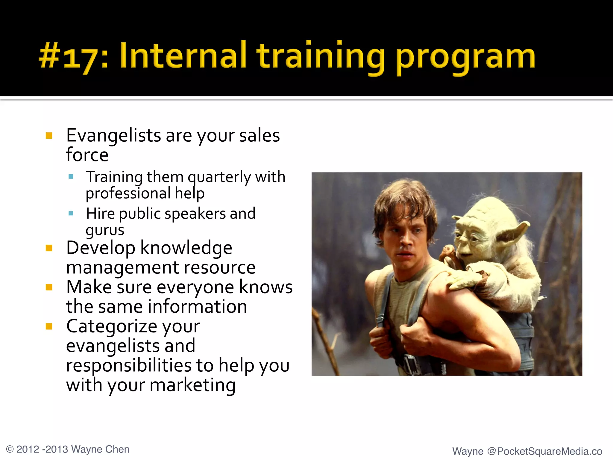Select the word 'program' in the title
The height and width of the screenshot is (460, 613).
click(465, 58)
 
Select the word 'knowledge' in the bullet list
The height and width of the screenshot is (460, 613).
click(186, 248)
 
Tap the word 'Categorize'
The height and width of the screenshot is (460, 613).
click(133, 326)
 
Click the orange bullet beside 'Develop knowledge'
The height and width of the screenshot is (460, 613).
click(49, 248)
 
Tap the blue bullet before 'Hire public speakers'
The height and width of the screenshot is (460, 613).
click(71, 214)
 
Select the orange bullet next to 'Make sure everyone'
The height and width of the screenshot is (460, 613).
click(49, 287)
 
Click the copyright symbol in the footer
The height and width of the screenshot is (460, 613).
click(10, 450)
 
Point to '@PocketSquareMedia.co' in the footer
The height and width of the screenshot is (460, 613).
click(544, 451)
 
